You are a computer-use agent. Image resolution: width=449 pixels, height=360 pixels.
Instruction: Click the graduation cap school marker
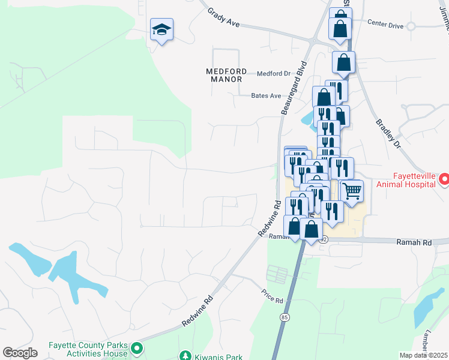point(161,30)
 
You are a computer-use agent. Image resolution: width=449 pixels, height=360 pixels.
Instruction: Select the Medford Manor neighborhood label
point(224,74)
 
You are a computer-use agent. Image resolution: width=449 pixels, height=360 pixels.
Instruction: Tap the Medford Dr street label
point(273,74)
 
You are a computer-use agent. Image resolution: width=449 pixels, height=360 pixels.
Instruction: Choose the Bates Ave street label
point(266,95)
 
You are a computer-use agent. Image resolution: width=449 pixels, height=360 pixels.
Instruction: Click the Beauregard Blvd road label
point(293,88)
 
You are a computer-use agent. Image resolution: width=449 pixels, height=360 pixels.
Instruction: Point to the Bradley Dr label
point(387,132)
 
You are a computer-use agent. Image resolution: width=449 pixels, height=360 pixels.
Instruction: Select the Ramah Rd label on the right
point(414,242)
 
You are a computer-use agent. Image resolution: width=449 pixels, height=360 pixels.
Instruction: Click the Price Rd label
point(271,296)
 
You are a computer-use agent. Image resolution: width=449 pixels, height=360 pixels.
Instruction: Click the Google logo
point(20,353)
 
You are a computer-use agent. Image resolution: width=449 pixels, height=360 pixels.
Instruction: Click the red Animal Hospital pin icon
point(444,179)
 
